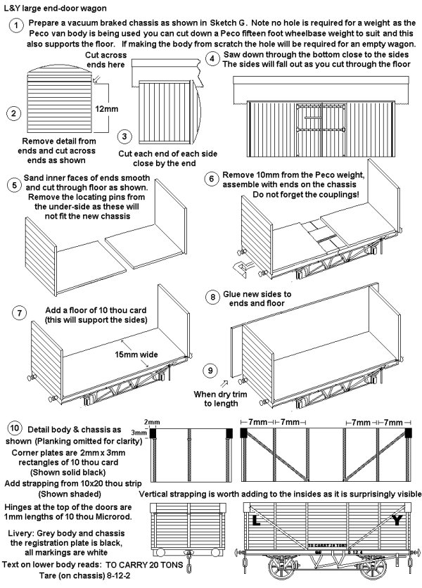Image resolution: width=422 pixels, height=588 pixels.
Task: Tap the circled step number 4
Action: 213,59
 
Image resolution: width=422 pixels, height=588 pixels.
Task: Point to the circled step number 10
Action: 15,428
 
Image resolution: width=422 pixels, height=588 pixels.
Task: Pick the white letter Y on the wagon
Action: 397,521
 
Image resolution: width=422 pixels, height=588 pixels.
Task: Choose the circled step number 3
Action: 124,136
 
